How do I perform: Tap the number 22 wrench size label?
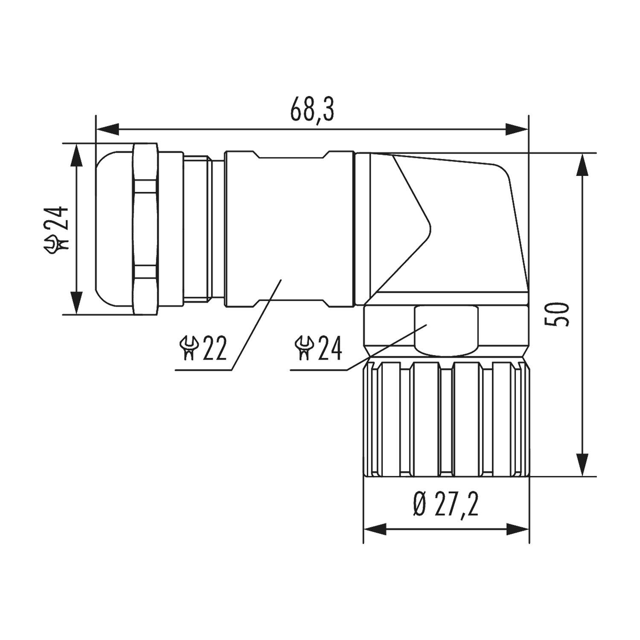coord(215,348)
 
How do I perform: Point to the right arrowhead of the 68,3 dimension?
coord(517,129)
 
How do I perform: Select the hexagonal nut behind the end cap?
coord(146,229)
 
